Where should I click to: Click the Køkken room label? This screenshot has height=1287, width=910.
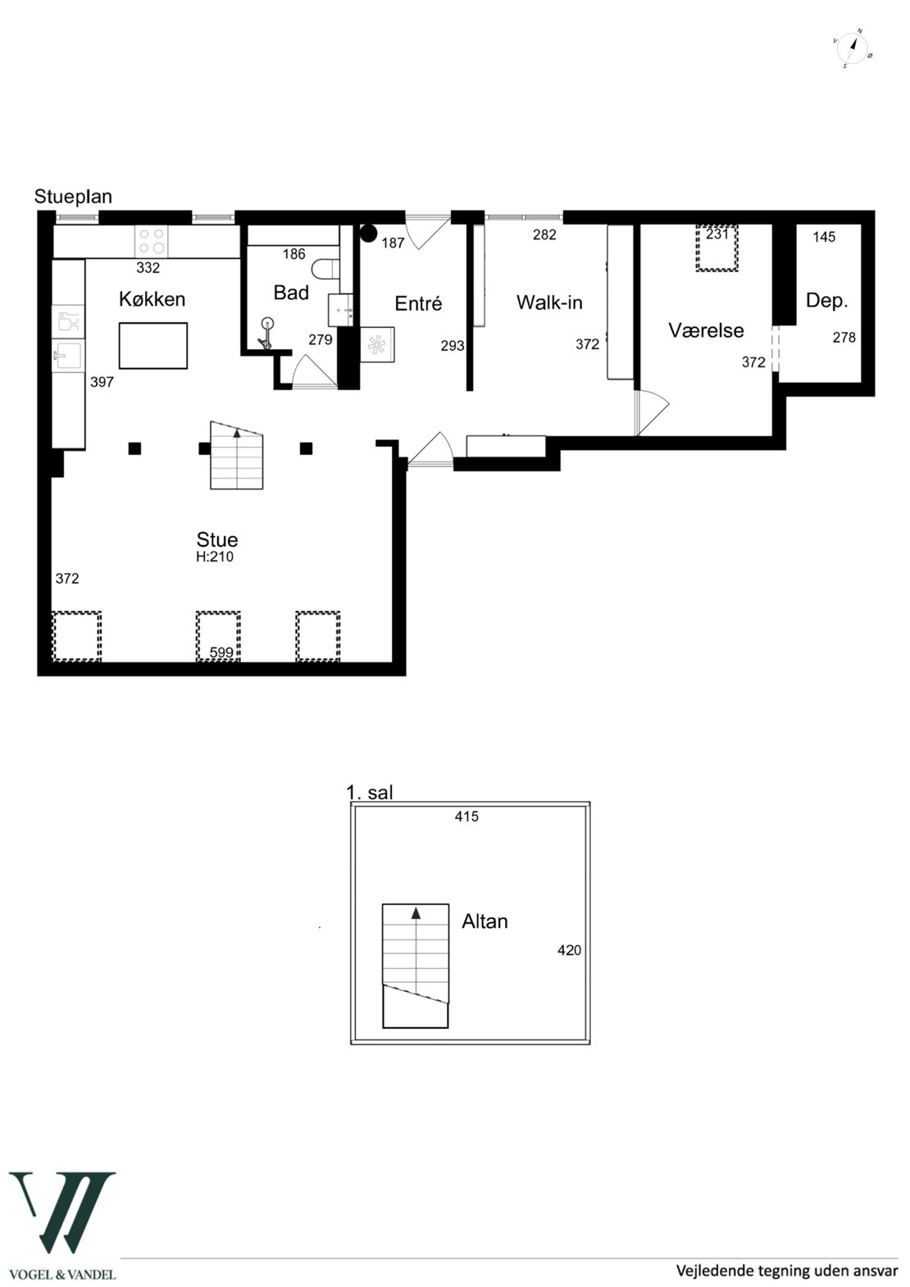152,299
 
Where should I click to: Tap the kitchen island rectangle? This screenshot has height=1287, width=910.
153,345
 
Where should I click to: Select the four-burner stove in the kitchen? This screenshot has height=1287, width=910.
152,241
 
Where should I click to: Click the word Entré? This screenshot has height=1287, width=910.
418,303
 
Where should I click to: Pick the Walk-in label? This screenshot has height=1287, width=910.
549,302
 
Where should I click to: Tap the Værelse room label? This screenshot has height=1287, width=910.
706,330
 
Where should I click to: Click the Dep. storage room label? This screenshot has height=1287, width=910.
826,301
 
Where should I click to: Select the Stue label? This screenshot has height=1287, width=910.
217,539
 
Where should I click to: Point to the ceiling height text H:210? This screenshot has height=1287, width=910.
215,557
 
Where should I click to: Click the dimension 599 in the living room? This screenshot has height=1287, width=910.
221,653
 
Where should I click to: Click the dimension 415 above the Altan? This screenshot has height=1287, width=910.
466,816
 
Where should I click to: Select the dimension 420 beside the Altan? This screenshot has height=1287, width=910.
569,950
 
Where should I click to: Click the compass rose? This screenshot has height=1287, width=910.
853,48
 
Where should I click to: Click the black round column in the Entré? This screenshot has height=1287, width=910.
368,234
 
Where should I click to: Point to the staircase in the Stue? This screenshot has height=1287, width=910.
237,455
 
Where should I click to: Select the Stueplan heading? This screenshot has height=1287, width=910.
73,197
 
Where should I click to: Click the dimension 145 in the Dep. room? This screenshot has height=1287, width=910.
824,237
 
